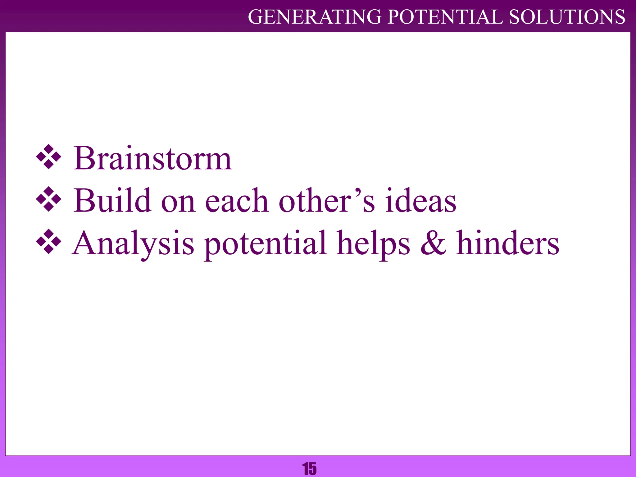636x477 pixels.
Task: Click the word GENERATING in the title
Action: pyautogui.click(x=315, y=17)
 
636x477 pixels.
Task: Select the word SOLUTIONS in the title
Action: pyautogui.click(x=567, y=17)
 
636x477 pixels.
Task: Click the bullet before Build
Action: pyautogui.click(x=49, y=199)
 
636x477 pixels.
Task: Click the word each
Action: pyautogui.click(x=237, y=201)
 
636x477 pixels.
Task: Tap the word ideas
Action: pyautogui.click(x=421, y=201)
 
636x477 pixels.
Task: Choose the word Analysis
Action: pyautogui.click(x=133, y=244)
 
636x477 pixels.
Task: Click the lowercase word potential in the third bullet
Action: pyautogui.click(x=265, y=244)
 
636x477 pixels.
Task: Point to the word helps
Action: pyautogui.click(x=373, y=244)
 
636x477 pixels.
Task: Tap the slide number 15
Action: pyautogui.click(x=310, y=469)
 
